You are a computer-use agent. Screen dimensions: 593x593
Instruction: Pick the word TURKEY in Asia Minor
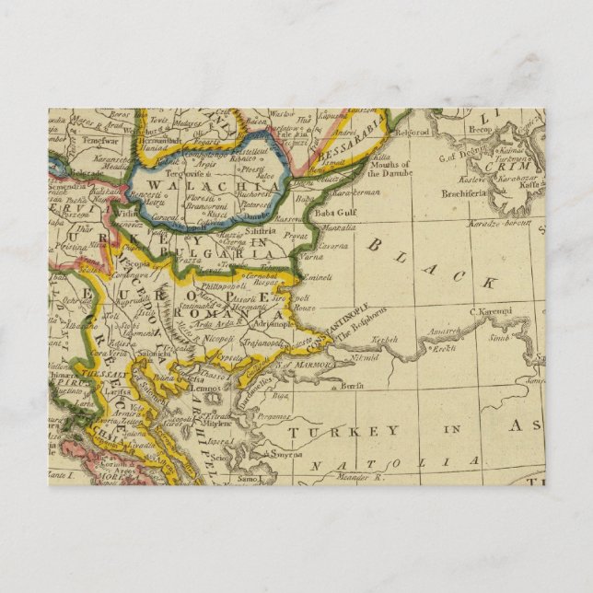click(x=342, y=431)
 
